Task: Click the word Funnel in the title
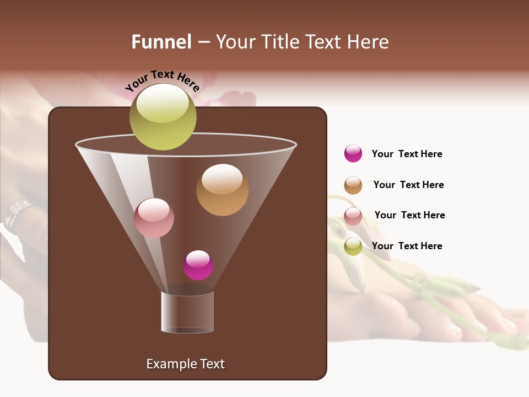click(161, 42)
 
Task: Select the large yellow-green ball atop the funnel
click(163, 117)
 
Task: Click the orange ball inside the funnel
click(222, 190)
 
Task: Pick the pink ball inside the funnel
click(154, 218)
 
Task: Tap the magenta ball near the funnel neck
click(198, 265)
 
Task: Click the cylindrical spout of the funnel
click(187, 312)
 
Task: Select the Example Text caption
click(185, 364)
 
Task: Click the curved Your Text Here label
click(163, 81)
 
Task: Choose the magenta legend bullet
click(353, 153)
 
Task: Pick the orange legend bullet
click(353, 185)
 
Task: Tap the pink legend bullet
click(353, 216)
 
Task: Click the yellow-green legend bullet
click(353, 246)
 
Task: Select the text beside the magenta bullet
click(407, 154)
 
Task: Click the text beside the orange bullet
click(408, 185)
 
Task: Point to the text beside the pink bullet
click(409, 215)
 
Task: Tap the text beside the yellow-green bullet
click(407, 246)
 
